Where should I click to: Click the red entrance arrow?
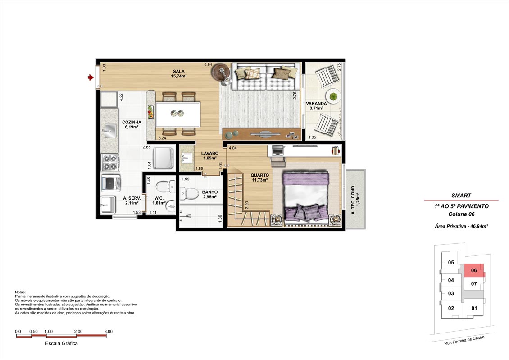(91, 77)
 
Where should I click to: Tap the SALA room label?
(178, 72)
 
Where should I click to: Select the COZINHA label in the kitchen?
(132, 123)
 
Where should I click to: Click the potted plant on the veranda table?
(333, 96)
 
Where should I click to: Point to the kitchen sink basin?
(110, 131)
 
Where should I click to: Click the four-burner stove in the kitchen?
(109, 163)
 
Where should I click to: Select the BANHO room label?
(210, 192)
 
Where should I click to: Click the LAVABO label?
(210, 154)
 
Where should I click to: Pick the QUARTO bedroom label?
(260, 175)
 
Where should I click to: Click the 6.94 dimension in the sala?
(208, 64)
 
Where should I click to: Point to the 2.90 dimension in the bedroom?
(247, 205)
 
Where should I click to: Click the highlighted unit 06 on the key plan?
(474, 270)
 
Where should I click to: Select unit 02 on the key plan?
(451, 308)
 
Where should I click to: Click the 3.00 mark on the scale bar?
(109, 332)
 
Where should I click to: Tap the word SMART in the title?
(461, 196)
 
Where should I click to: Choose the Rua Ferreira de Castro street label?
(464, 340)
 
